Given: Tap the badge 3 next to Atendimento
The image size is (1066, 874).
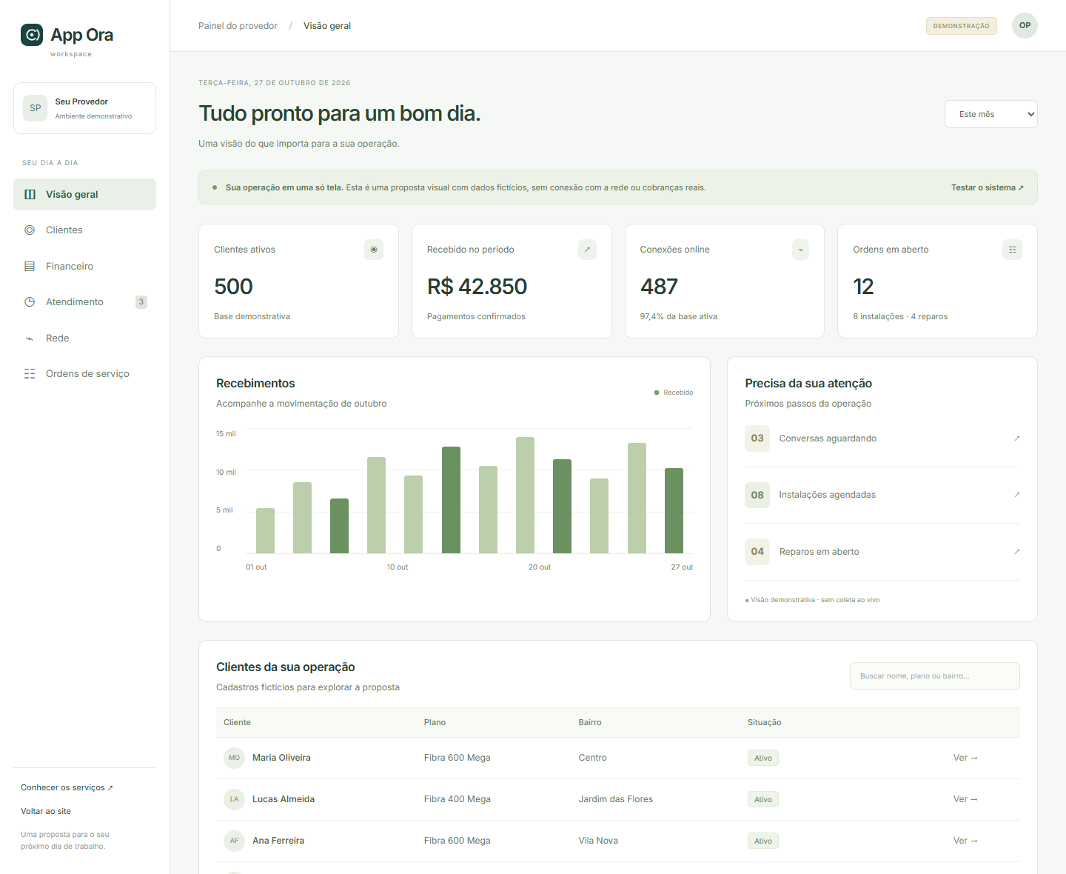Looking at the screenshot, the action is [141, 302].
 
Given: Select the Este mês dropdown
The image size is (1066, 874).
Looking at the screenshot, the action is [990, 114].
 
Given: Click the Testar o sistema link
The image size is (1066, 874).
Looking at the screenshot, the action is [987, 187].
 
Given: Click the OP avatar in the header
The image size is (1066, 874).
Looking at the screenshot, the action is [1025, 25].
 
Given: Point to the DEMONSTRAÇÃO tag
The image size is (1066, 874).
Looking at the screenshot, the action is [961, 26].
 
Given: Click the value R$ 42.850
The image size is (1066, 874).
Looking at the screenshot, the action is [477, 287].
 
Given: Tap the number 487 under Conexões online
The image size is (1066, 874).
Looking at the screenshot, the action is [659, 287].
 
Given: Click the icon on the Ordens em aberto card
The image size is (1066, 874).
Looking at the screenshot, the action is [1012, 250].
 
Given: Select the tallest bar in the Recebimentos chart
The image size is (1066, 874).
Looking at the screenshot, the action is [525, 495].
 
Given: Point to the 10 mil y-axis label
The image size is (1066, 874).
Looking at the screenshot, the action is [226, 472].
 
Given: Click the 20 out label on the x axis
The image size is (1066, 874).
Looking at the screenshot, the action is [540, 567].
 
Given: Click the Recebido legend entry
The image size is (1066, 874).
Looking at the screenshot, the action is [673, 393].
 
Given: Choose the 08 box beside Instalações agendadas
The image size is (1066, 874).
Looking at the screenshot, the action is [757, 495].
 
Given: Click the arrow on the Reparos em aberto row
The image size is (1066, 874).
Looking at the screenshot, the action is [1016, 551].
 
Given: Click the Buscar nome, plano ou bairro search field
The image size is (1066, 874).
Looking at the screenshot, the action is [934, 675].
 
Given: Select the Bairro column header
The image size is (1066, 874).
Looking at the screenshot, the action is [590, 722].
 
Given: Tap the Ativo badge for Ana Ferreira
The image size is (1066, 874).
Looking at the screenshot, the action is [762, 841].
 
